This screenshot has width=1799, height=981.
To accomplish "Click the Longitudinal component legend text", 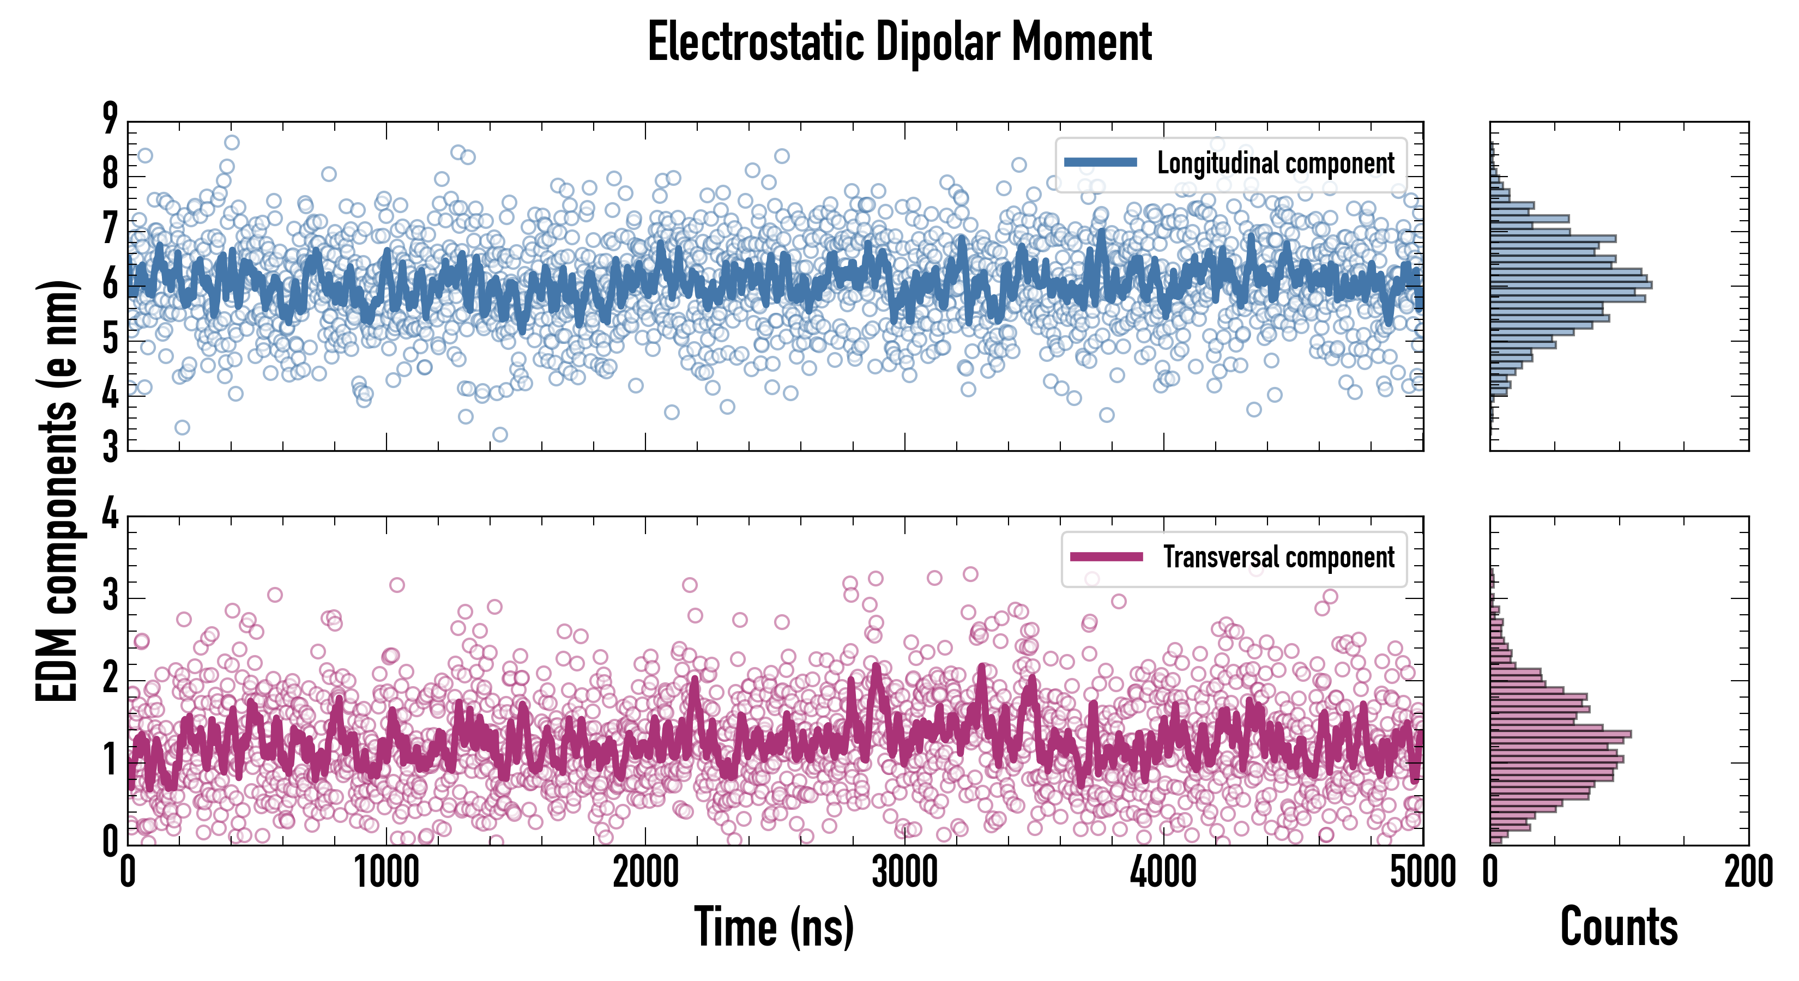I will point(1275,163).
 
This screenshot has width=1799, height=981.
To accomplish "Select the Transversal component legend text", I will point(1278,557).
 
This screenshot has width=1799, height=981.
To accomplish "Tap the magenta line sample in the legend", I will point(1106,556).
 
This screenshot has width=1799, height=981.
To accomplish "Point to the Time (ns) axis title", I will point(774,927).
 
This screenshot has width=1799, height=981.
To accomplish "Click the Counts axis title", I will point(1619,927).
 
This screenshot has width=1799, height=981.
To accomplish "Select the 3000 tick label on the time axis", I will point(904,873).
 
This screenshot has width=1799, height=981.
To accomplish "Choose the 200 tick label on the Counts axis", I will point(1748,873).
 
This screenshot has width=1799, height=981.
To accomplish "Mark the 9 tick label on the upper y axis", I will point(110,119).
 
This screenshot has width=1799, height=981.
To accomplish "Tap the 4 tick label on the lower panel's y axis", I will point(110,515).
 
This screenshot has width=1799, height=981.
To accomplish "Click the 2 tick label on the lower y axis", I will point(110,679).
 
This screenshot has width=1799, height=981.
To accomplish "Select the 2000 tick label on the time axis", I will point(645,873).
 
